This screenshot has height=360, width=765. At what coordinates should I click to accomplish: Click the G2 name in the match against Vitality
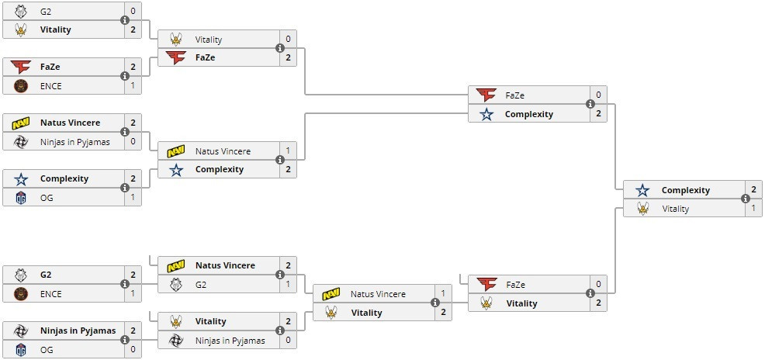coord(46,12)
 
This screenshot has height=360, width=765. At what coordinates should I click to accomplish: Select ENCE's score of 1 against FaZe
coord(133,85)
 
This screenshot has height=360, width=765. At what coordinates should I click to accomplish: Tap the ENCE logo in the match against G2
coord(21,294)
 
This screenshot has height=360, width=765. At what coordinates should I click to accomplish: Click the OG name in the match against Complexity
coord(46,197)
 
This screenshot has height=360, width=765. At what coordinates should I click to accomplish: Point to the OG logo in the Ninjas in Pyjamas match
coord(21,349)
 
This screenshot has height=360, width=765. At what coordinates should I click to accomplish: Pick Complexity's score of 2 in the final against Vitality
coord(753,190)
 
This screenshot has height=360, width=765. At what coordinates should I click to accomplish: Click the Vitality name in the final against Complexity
coord(675,209)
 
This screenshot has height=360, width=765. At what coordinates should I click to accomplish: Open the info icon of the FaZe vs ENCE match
coord(125,76)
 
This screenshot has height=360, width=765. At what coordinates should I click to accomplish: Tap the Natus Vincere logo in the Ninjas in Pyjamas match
coord(21,123)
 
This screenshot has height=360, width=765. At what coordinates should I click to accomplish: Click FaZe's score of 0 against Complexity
coord(598,95)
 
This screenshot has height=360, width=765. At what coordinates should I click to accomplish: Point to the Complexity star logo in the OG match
coord(21,178)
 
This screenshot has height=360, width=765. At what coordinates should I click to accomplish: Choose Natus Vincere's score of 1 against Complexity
coord(288,151)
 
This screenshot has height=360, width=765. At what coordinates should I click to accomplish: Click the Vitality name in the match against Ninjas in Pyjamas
coord(210,321)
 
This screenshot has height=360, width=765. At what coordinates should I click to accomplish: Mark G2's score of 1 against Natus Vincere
coord(288,285)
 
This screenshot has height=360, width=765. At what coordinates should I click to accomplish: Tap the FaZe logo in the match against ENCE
coord(21,67)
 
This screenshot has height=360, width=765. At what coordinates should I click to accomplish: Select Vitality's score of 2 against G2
coord(133,29)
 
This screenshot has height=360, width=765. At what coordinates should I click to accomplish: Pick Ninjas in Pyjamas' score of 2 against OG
coord(133,331)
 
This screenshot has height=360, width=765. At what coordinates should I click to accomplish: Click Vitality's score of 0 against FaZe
coord(288,39)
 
